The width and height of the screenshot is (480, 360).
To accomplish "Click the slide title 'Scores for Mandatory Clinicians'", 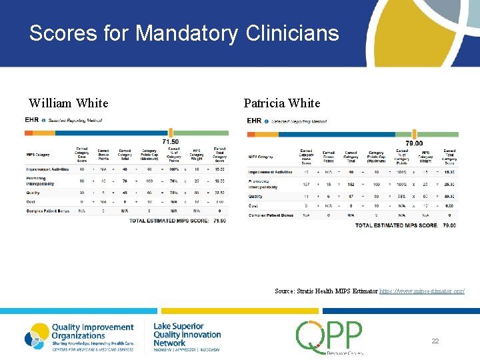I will click(x=184, y=33).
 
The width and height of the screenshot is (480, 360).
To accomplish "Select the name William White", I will click(x=68, y=103).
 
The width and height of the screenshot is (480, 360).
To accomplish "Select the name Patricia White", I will click(x=282, y=103).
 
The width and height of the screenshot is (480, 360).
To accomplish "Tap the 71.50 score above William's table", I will click(x=171, y=141).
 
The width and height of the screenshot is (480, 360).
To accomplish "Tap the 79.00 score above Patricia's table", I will click(x=415, y=143).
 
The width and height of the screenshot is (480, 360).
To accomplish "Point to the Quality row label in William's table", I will click(x=33, y=193).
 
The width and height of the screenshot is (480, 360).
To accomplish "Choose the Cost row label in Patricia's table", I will click(x=255, y=206).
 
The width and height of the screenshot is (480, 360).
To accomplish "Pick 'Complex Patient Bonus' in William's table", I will click(x=47, y=211).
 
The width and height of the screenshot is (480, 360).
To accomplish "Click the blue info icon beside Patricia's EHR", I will click(x=267, y=121).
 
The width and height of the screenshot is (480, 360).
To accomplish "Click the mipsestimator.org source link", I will click(x=421, y=291).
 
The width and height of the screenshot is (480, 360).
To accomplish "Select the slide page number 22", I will click(x=435, y=341).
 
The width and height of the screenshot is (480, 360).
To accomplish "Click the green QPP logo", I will click(x=330, y=337).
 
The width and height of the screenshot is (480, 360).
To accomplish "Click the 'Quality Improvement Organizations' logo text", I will click(x=92, y=331).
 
